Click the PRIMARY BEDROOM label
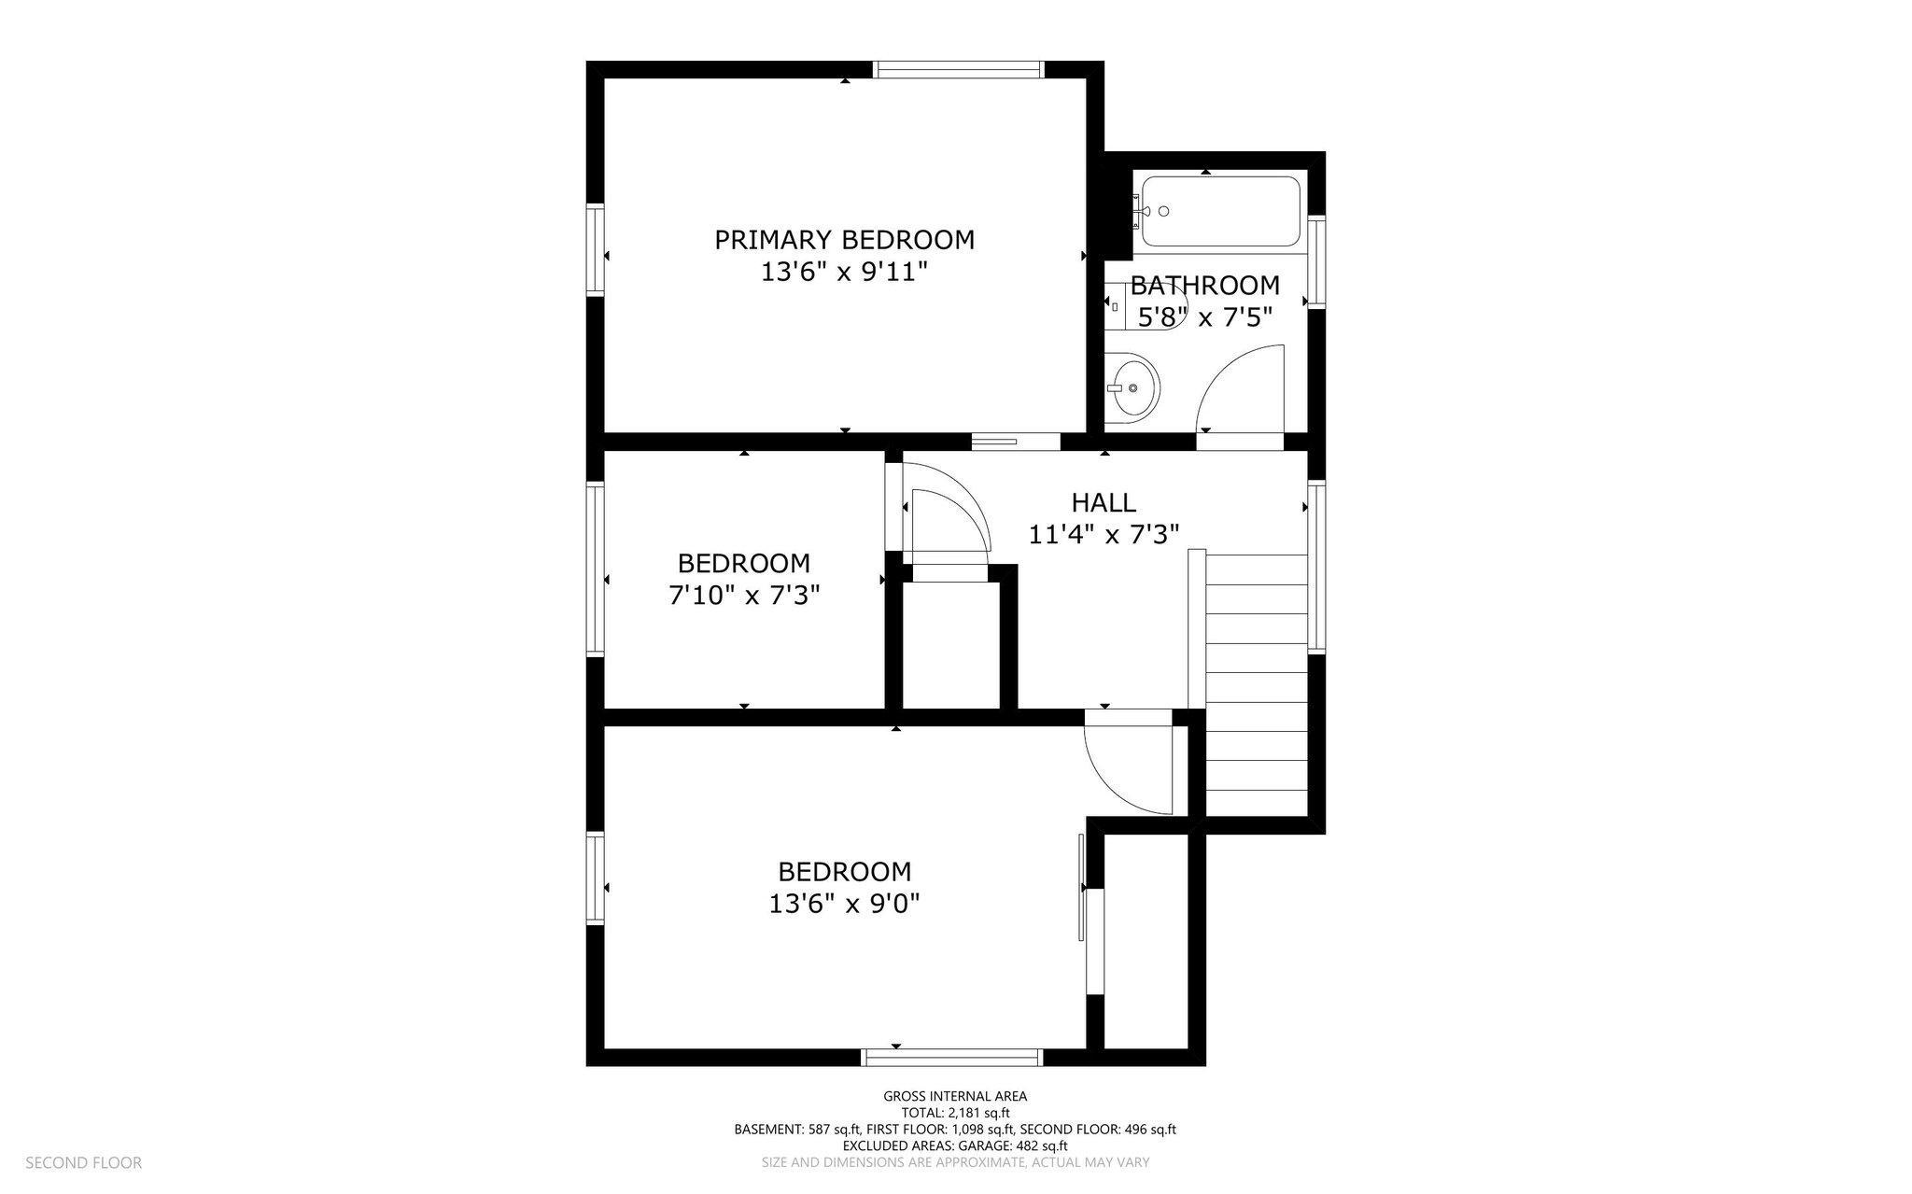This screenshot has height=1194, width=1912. [x=844, y=240]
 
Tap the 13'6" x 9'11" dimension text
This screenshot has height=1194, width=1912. [x=844, y=273]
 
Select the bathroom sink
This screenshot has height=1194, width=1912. [x=1132, y=387]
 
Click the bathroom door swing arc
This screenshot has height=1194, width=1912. [x=1242, y=373]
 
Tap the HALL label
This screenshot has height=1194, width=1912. [x=1104, y=503]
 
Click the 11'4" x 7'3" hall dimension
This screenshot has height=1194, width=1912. [x=1104, y=535]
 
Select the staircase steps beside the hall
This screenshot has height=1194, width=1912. [x=1256, y=672]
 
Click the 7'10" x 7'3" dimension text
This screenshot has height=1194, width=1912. [x=744, y=596]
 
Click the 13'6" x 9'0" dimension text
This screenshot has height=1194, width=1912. [x=844, y=904]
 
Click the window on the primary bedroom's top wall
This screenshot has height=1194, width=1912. [x=957, y=69]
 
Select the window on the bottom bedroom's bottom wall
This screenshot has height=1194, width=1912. [x=950, y=1057]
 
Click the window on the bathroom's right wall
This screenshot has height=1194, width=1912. [x=1316, y=261]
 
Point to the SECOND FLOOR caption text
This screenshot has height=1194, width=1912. [x=83, y=1163]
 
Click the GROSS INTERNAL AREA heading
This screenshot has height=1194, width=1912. [x=955, y=1097]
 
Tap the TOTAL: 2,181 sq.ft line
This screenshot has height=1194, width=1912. [x=955, y=1113]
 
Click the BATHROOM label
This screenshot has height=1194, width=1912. [x=1205, y=285]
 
